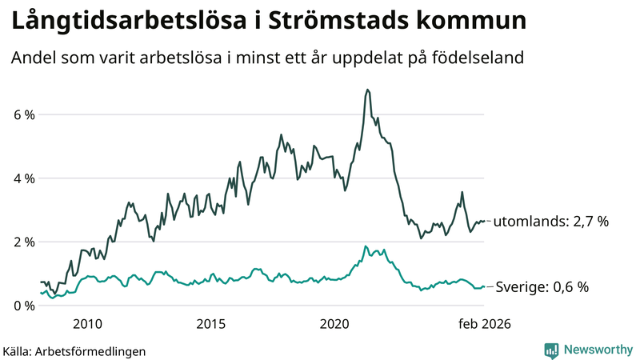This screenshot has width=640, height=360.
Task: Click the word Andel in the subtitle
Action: [x=32, y=58]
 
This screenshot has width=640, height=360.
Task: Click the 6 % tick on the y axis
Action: [x=23, y=115]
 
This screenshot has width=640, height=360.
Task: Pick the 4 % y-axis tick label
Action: [x=23, y=178]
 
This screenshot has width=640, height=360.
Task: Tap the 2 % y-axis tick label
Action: [x=23, y=242]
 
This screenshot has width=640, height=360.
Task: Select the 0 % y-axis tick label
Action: [x=23, y=306]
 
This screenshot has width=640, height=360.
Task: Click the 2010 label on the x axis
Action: [x=87, y=324]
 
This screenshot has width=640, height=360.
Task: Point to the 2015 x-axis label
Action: [x=211, y=324]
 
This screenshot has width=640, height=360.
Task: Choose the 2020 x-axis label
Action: [x=335, y=324]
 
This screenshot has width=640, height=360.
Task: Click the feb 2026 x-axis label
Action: [x=484, y=324]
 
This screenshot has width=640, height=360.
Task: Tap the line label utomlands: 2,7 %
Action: [x=551, y=222]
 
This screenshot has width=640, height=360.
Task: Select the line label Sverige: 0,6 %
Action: [x=543, y=287]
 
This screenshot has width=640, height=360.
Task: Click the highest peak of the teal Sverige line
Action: [x=365, y=246]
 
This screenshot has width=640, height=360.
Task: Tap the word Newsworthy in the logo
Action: [x=597, y=350]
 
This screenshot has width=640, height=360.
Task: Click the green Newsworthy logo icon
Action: [x=551, y=350]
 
